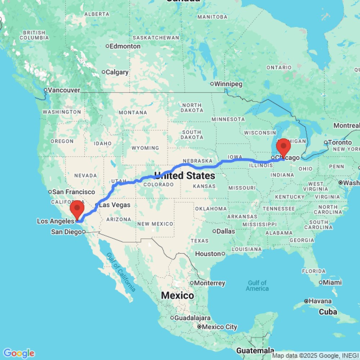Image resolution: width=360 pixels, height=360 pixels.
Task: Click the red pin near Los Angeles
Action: click(77, 209)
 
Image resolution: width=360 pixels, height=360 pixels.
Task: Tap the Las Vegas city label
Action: click(114, 205)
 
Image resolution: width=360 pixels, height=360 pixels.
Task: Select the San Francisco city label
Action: click(73, 192)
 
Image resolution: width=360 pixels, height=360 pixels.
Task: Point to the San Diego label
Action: click(66, 232)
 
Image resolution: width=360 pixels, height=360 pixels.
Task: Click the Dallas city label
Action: click(226, 231)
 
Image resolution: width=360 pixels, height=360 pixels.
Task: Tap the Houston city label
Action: click(208, 254)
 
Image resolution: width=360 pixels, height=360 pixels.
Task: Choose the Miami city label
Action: click(332, 282)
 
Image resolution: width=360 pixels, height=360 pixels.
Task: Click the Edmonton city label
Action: click(125, 46)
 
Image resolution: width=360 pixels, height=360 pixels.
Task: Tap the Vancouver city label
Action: click(64, 90)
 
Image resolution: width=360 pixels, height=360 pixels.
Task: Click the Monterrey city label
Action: click(210, 283)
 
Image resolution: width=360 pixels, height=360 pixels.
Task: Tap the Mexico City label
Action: click(220, 327)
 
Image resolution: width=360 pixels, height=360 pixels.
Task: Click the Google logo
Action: click(19, 353)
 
